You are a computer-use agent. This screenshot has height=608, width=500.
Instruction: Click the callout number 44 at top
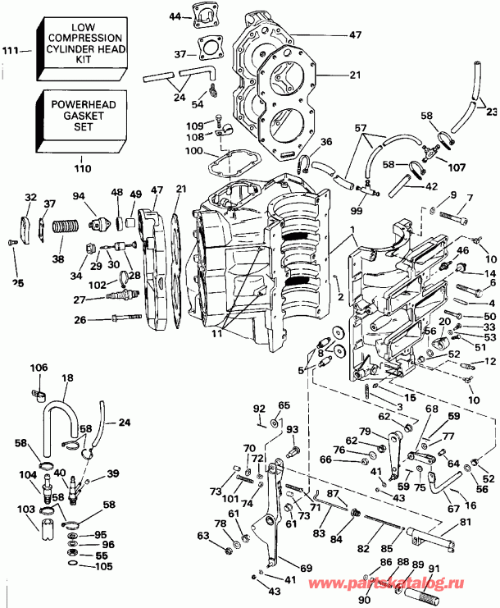[x=174, y=16]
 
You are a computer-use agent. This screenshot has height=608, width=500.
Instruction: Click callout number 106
[x=39, y=367]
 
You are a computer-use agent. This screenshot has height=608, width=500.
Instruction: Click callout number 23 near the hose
[x=491, y=112]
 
